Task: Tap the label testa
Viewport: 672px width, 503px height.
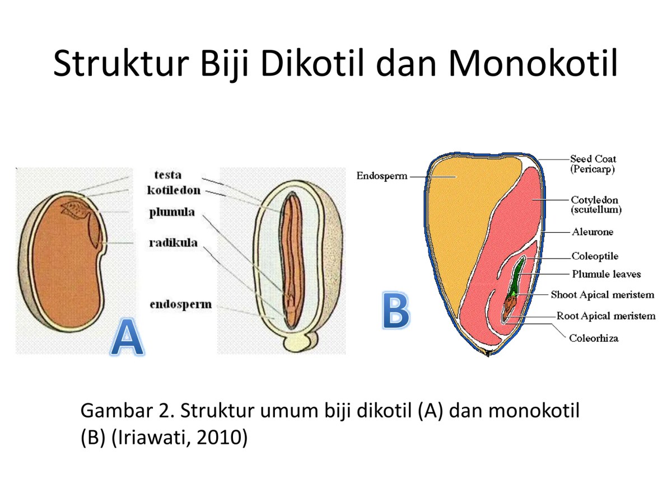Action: point(168,175)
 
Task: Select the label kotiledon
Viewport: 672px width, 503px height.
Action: point(174,191)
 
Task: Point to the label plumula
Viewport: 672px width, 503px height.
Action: point(172,213)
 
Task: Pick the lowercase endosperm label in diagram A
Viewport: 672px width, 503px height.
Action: point(180,304)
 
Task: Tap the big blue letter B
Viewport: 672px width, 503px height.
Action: point(395,310)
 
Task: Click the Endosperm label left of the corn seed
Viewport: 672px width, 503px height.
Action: point(381,176)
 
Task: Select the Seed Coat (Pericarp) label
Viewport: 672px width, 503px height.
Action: point(593,164)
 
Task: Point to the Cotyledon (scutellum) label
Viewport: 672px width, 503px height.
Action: point(596,205)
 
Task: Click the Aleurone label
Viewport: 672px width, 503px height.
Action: point(592,232)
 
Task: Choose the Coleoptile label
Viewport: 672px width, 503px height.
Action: point(595,256)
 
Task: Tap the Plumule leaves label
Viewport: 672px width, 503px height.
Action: point(606,274)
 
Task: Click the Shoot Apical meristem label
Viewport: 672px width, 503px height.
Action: point(602,294)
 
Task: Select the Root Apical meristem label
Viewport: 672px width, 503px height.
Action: point(605,316)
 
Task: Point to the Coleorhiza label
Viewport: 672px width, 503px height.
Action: point(594,338)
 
